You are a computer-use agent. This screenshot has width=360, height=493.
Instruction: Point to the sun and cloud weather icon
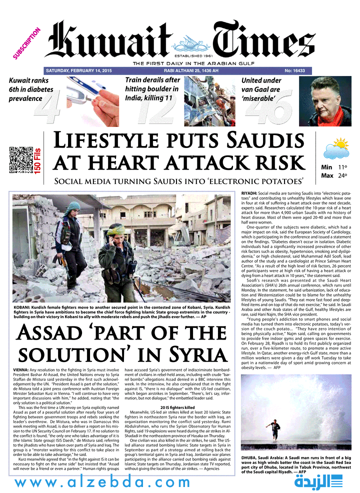tap(335, 149)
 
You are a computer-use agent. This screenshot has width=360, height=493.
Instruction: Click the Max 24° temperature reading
tap(334, 175)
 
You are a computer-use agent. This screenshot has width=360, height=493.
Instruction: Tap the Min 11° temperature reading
tap(334, 167)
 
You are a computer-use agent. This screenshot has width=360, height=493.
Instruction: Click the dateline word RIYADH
tap(249, 193)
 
